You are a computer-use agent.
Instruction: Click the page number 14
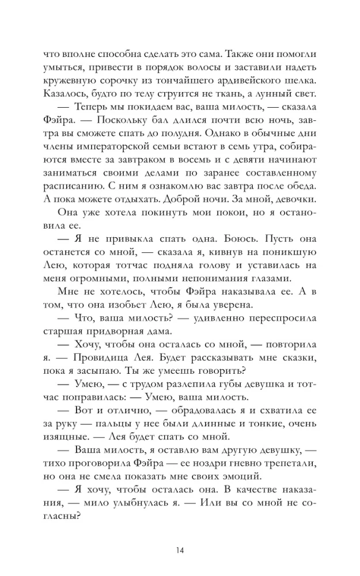pos(180,551)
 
